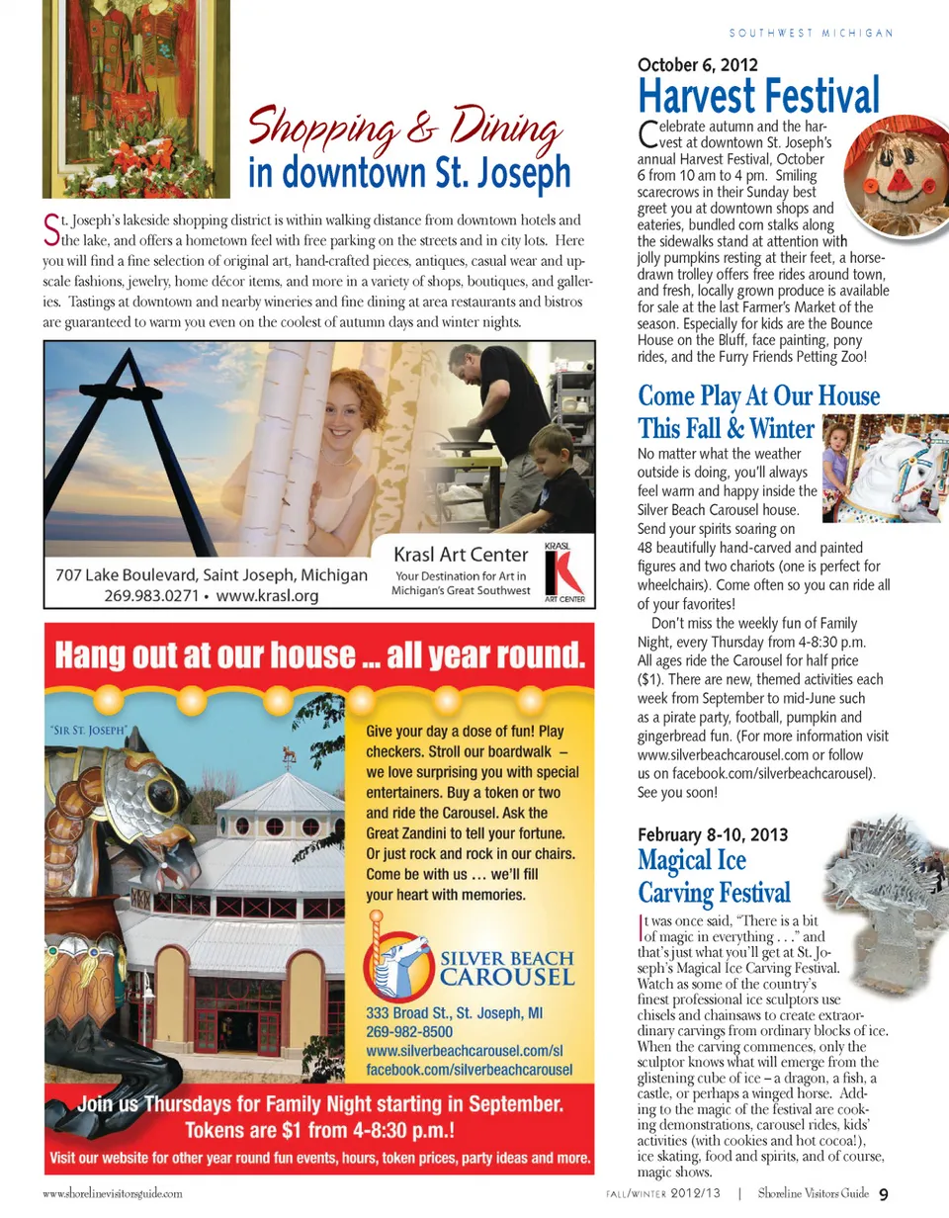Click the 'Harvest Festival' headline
[x=758, y=97]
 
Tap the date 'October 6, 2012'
[x=698, y=65]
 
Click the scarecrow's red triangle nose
[x=898, y=181]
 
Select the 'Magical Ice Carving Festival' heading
[x=714, y=876]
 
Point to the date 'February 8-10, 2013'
[x=713, y=834]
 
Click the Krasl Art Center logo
[x=564, y=571]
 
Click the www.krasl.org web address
[x=267, y=595]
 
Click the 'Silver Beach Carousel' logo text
[x=506, y=968]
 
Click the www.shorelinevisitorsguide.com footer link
[x=112, y=1194]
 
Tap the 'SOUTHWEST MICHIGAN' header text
[x=812, y=33]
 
